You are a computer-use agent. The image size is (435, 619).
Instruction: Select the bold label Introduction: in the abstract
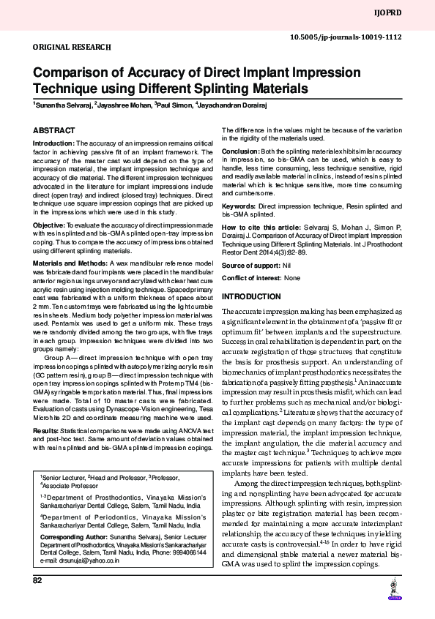tap(54, 143)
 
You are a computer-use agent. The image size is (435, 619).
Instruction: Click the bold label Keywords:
tap(239, 207)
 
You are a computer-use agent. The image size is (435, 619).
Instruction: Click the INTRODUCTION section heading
tap(251, 296)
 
